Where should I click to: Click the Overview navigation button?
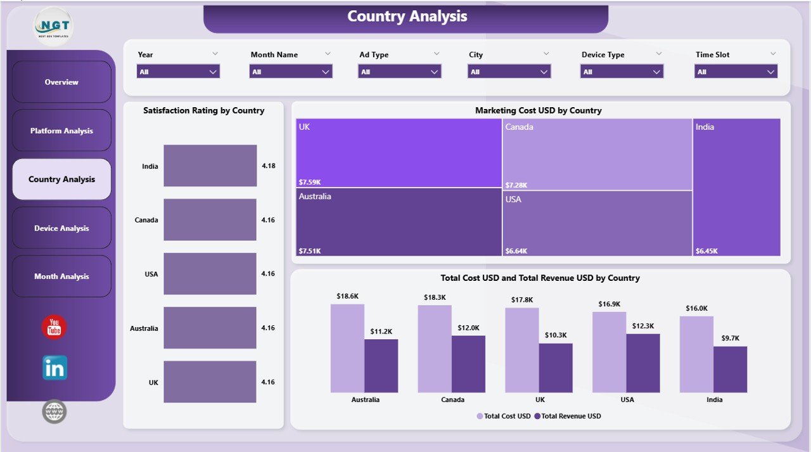(61, 82)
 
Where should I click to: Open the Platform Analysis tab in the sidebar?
(61, 131)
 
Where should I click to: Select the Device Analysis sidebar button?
(61, 228)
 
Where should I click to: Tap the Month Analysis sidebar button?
(61, 276)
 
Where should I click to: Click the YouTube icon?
(54, 327)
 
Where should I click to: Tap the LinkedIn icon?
(54, 368)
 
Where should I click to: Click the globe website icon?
(54, 411)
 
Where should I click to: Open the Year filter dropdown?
(178, 72)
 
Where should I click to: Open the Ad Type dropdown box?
(400, 72)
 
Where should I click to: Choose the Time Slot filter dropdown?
(736, 72)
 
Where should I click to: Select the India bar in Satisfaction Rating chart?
(210, 165)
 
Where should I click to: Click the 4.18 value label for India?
(269, 166)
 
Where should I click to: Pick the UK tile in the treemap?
(399, 153)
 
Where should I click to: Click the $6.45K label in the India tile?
(706, 251)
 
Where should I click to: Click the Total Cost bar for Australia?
(347, 348)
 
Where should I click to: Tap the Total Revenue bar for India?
(730, 369)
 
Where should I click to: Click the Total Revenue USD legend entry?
(568, 416)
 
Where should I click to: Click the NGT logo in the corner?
(54, 26)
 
